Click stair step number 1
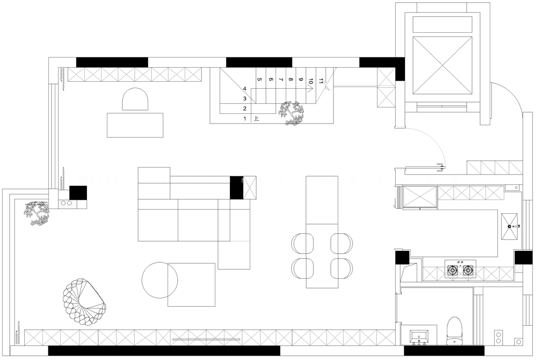point(245,119)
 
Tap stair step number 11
point(321,82)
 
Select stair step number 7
point(281,80)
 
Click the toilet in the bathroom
point(454,331)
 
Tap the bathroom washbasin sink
point(419,336)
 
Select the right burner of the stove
point(468,271)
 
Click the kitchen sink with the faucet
point(509,227)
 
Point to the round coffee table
point(160,280)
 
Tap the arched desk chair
point(135,99)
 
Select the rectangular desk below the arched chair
point(135,125)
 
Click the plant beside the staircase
point(292,113)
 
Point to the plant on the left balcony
point(37,213)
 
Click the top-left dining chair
point(302,243)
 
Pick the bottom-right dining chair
point(342,268)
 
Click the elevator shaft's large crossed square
point(442,64)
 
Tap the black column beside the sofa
point(236,188)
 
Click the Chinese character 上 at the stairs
point(256,119)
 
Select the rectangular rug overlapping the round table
point(192,285)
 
